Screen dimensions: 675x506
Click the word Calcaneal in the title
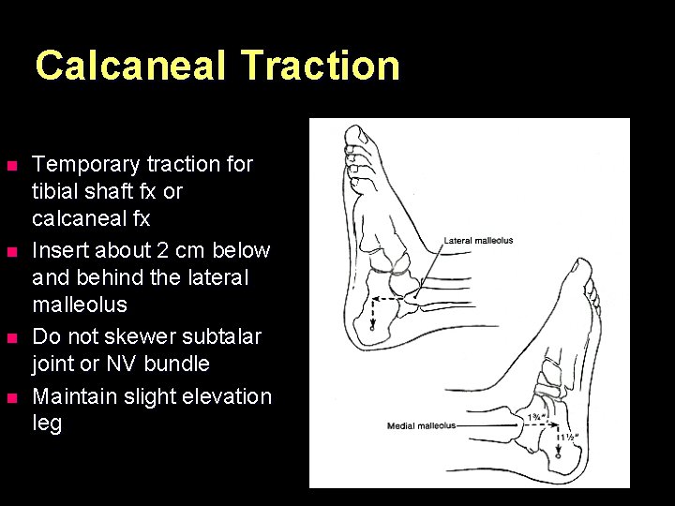(x=131, y=67)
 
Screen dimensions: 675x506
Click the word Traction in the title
(x=321, y=67)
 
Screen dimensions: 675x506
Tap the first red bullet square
(x=11, y=167)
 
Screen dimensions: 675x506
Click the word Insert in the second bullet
(x=57, y=250)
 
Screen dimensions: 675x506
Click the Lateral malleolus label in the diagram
(x=478, y=241)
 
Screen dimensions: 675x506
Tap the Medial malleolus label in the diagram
(x=421, y=426)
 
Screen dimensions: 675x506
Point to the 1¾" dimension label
(x=536, y=417)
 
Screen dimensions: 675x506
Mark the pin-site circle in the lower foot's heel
(x=559, y=460)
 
